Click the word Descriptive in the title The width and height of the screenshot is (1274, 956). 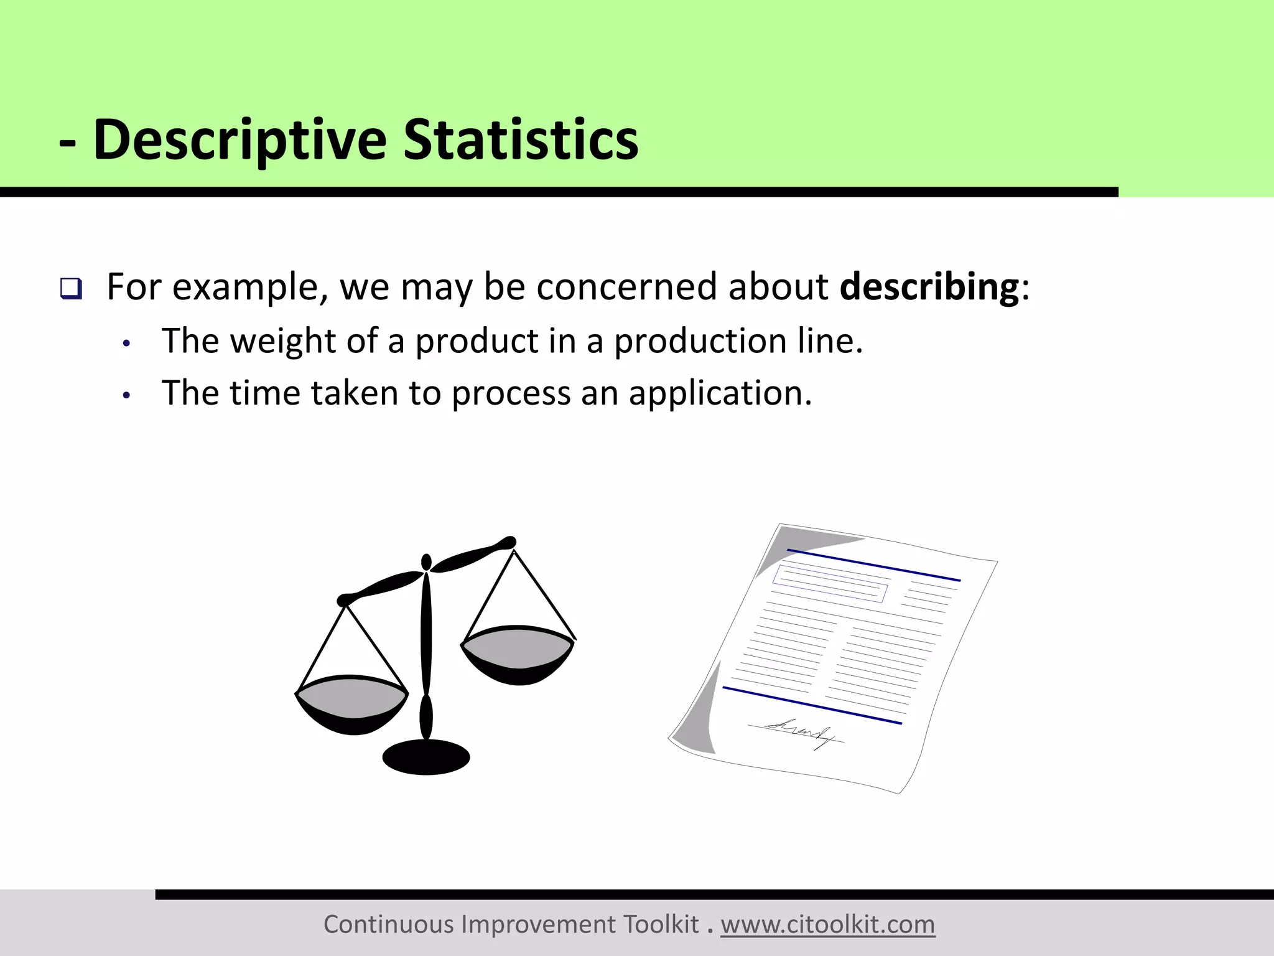pyautogui.click(x=239, y=140)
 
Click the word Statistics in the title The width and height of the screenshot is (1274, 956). pyautogui.click(x=521, y=140)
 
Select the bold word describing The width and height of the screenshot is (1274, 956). pyautogui.click(x=929, y=287)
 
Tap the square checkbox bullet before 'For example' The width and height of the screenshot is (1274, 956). pyautogui.click(x=70, y=289)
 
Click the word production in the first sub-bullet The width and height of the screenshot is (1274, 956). pyautogui.click(x=700, y=341)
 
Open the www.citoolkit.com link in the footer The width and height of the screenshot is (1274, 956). pyautogui.click(x=827, y=925)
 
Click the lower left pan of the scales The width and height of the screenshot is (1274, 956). pyautogui.click(x=352, y=703)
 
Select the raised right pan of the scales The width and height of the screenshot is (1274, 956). pyautogui.click(x=518, y=654)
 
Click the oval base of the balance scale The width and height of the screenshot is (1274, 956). pyautogui.click(x=426, y=757)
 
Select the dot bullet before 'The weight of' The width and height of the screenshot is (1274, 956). pyautogui.click(x=127, y=344)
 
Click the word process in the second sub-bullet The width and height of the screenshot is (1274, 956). pyautogui.click(x=511, y=393)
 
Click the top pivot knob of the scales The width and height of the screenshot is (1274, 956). pyautogui.click(x=426, y=561)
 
